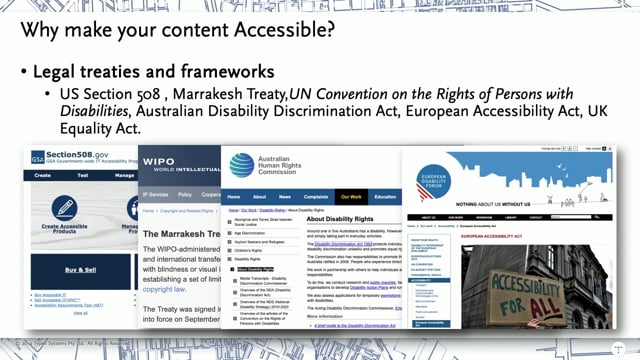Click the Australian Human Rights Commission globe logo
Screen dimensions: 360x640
[x=243, y=164]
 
